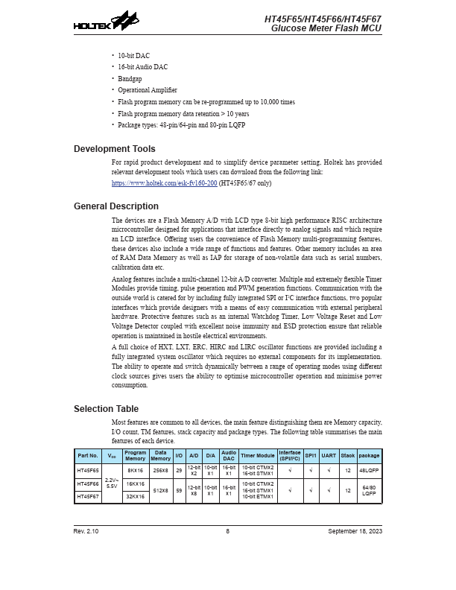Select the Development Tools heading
click(115, 149)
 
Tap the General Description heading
click(116, 206)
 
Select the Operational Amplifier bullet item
click(148, 90)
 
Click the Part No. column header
click(87, 455)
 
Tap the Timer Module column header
click(257, 455)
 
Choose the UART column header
click(329, 455)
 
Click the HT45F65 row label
click(87, 471)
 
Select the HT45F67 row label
click(87, 496)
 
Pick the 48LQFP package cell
click(369, 471)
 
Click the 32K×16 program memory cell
click(135, 496)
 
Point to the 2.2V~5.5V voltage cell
click(111, 483)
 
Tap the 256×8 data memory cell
click(160, 471)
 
